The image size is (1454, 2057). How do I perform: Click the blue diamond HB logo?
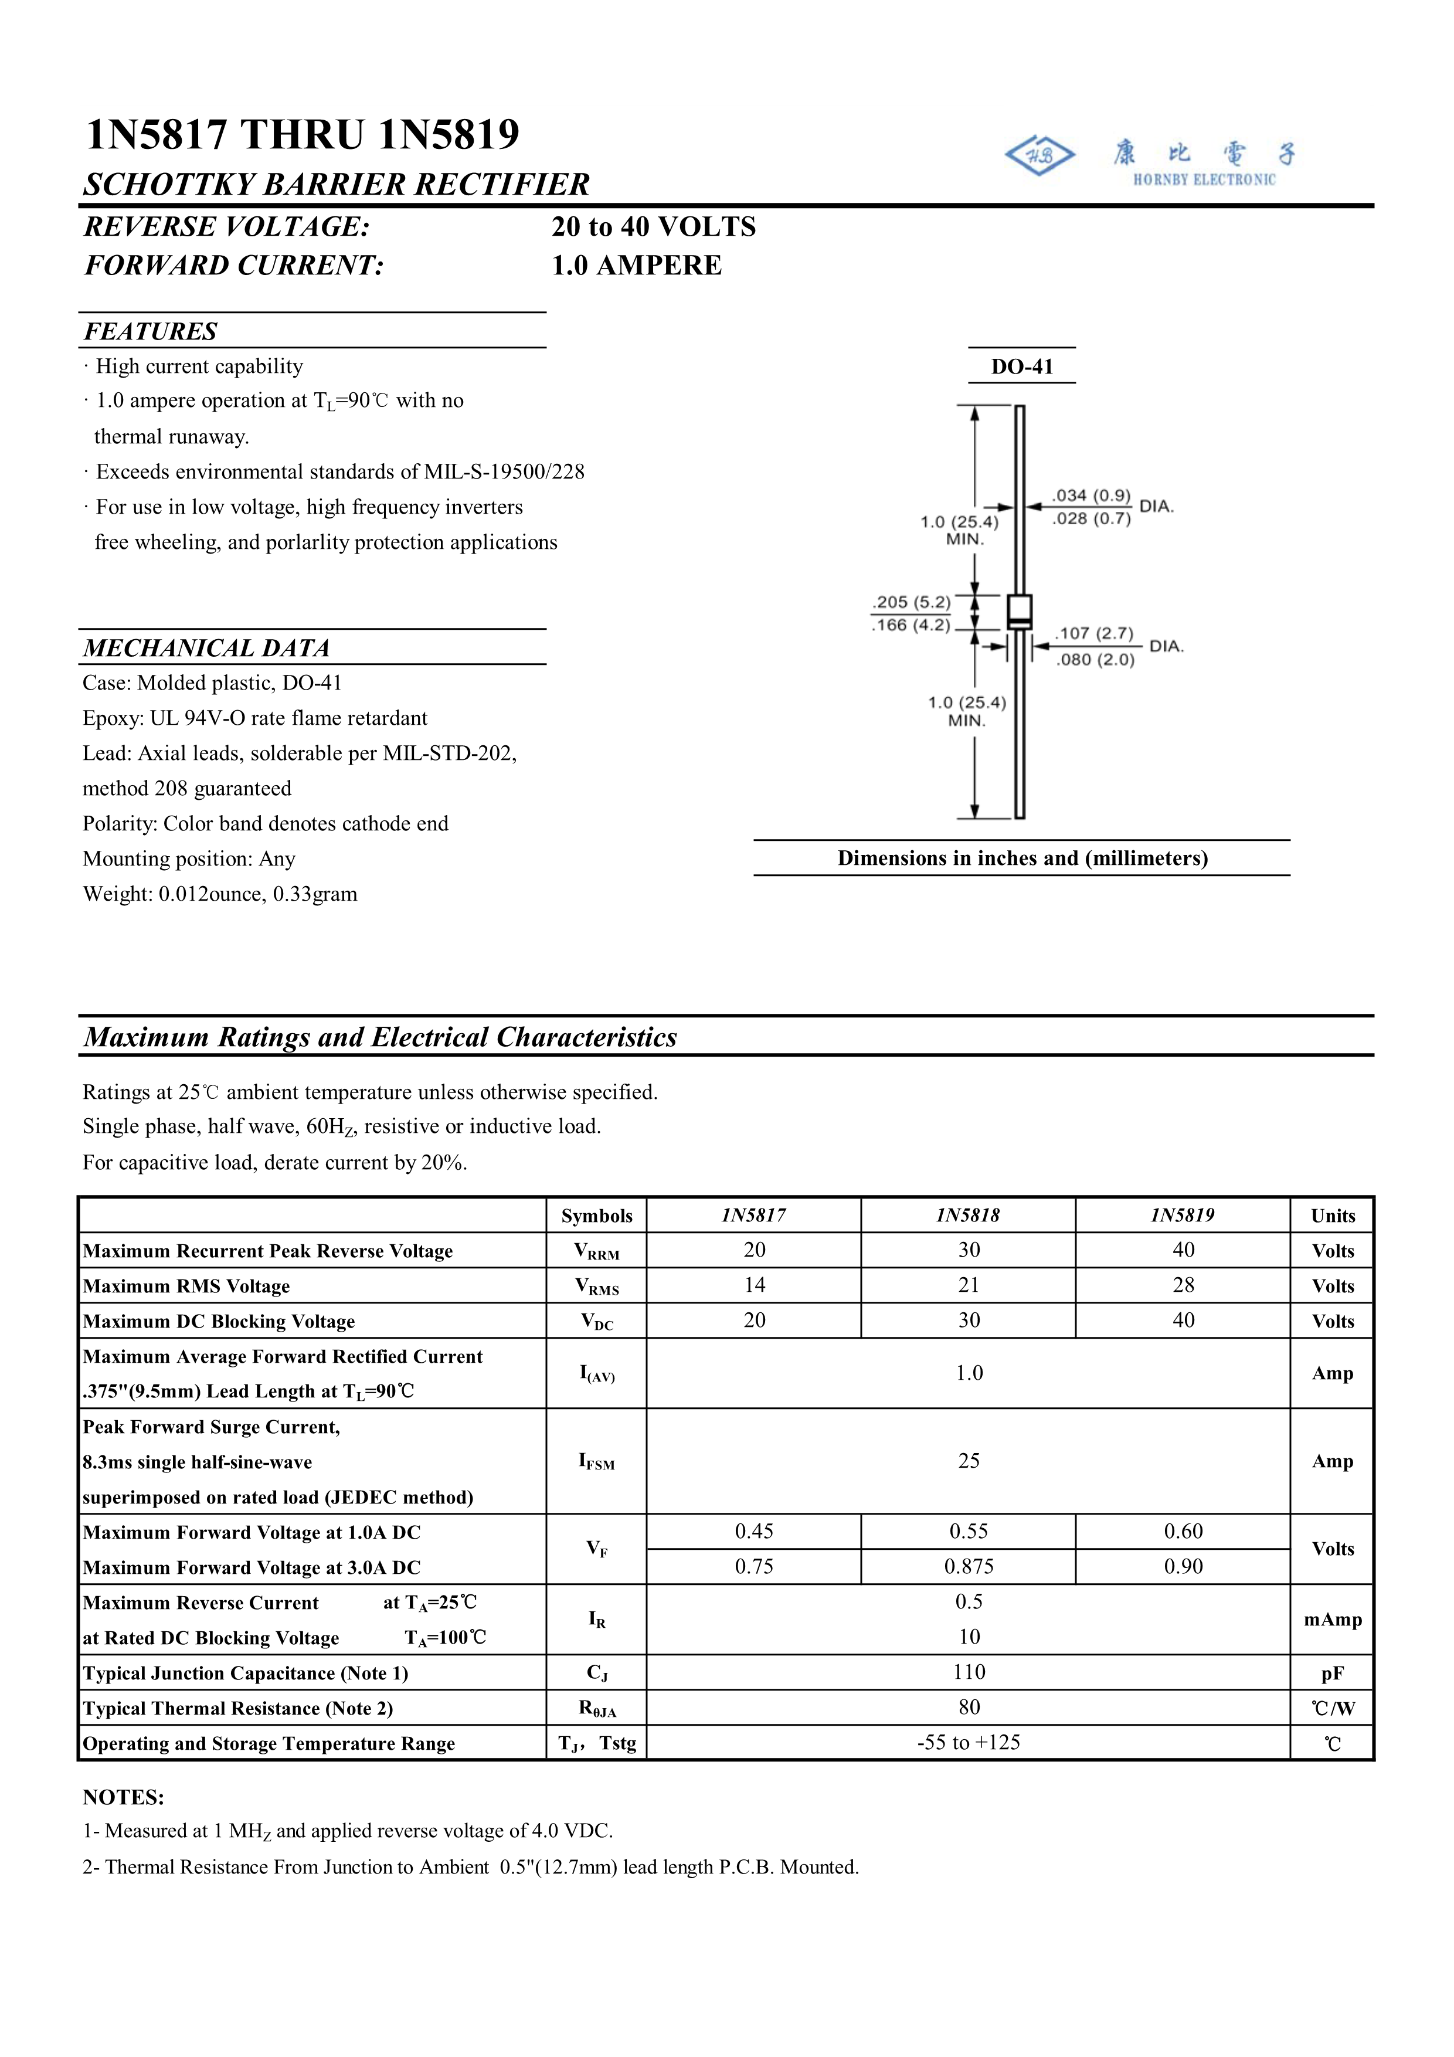(1039, 156)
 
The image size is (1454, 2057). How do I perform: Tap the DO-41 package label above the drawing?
(1021, 366)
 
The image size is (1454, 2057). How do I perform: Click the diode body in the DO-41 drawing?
(1020, 612)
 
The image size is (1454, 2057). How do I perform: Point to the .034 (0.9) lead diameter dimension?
(1091, 495)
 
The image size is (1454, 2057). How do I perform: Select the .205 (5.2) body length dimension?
(912, 602)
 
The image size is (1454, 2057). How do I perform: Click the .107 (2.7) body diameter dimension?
(1094, 633)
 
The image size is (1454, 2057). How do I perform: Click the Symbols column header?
(597, 1216)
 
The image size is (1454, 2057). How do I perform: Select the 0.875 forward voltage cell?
(969, 1566)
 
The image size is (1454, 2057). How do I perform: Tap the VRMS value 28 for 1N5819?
(1183, 1285)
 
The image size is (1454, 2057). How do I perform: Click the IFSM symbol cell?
(597, 1461)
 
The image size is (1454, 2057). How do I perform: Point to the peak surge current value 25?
(969, 1460)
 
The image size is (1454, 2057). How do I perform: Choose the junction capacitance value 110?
(969, 1672)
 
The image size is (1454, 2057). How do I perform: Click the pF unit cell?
(1332, 1673)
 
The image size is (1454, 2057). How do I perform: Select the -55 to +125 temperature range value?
(969, 1743)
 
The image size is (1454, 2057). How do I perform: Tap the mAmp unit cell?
(1332, 1619)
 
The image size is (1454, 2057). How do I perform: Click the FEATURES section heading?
(151, 331)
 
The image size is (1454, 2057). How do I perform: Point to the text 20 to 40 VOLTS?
(654, 227)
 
